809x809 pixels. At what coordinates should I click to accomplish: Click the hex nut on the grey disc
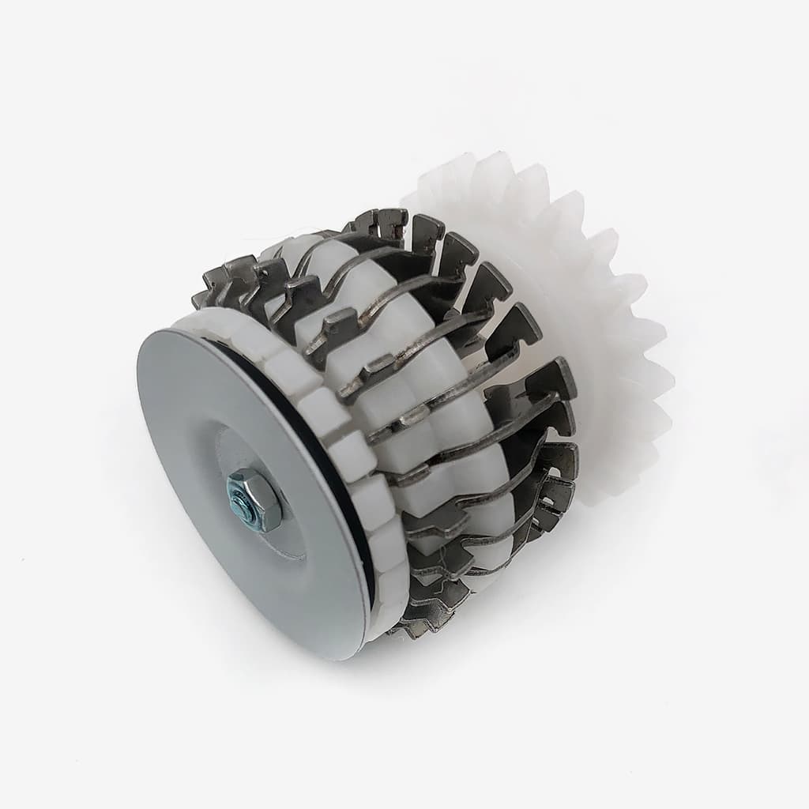tap(255, 499)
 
